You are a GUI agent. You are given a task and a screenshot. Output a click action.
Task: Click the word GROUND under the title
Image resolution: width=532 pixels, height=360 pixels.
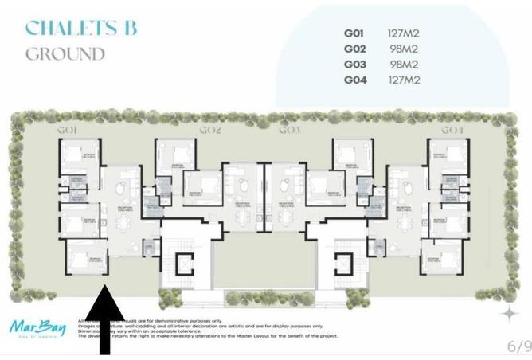65,54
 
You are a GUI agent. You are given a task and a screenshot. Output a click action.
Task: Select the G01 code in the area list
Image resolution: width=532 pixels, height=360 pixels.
355,34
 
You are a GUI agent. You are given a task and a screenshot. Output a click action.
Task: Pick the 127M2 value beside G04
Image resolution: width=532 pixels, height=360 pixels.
403,80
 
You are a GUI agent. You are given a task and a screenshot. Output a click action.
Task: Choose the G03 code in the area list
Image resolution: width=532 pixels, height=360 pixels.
355,65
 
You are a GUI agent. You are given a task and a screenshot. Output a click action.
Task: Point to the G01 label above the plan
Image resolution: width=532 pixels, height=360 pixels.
66,129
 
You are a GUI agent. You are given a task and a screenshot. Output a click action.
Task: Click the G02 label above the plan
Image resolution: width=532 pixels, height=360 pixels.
210,129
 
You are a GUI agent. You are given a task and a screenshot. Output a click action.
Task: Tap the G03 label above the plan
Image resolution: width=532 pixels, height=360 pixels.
289,129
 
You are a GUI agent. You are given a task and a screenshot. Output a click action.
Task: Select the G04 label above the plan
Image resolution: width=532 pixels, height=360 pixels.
452,129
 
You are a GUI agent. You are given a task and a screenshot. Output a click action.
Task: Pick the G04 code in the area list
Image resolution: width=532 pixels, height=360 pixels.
355,80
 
